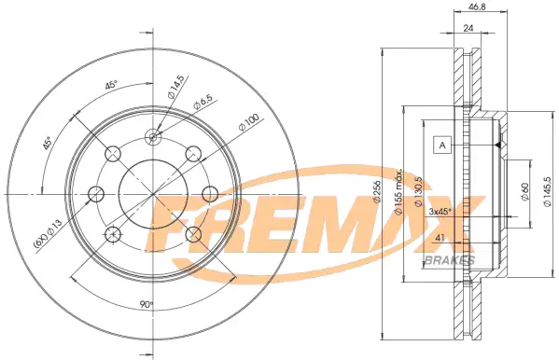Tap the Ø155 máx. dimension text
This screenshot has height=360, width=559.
[398, 194]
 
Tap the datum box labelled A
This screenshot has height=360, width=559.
[442, 145]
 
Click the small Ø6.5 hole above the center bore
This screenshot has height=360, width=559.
[152, 138]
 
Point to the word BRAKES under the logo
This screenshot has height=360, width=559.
[449, 259]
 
